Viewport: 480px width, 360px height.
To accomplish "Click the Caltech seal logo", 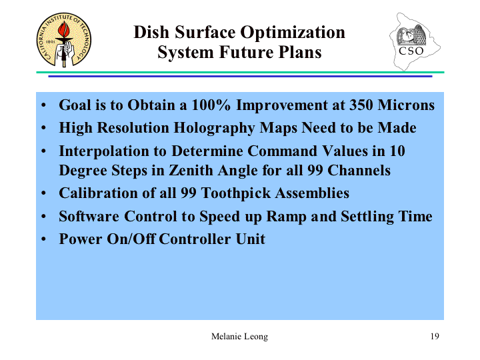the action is point(64,40).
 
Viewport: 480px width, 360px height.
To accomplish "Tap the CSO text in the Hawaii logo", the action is point(411,51).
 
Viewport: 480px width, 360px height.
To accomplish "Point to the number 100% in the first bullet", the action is point(211,105).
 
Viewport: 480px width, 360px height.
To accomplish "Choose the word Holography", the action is point(214,128).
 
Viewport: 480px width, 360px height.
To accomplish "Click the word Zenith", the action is point(191,171).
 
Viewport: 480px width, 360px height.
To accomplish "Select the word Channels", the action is point(359,171).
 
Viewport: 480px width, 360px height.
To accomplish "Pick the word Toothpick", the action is point(236,193).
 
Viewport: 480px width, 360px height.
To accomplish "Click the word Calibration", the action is point(98,193).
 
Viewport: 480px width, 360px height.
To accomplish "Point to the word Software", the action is point(89,217).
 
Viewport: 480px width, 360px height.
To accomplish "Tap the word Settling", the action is point(367,217).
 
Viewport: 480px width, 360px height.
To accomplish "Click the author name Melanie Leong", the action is point(239,337).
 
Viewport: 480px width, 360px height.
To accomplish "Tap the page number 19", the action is point(435,336).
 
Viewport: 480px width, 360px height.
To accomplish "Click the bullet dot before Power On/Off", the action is point(43,239).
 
